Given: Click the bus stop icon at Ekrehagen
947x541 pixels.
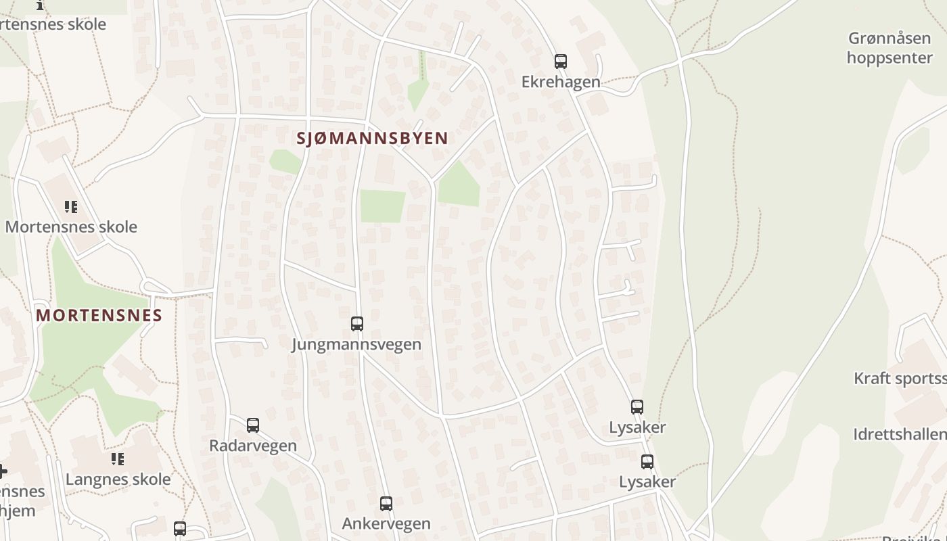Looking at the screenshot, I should click(x=560, y=62).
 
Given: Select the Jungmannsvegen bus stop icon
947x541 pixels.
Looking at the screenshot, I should click(x=357, y=324).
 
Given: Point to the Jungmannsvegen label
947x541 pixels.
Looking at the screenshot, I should click(x=356, y=344).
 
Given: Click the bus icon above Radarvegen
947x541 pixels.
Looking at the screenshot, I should click(x=253, y=425).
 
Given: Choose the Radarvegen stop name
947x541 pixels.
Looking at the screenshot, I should click(x=253, y=446).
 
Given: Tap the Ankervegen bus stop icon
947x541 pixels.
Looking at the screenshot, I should click(x=386, y=504).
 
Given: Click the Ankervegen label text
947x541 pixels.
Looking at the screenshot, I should click(x=386, y=524).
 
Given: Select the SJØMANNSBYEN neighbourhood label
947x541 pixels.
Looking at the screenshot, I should click(x=372, y=139).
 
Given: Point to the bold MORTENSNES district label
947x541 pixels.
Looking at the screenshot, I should click(x=99, y=315).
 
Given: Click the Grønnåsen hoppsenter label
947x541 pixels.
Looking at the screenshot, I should click(x=889, y=48).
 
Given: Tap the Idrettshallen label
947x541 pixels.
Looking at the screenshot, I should click(x=900, y=434).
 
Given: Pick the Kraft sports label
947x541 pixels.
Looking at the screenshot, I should click(x=900, y=378).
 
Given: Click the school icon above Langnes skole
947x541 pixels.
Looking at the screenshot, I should click(x=118, y=460).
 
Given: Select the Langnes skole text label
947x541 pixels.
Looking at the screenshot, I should click(x=118, y=479).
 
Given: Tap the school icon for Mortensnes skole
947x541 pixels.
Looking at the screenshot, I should click(x=71, y=207).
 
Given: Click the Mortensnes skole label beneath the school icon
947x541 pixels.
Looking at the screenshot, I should click(x=71, y=227).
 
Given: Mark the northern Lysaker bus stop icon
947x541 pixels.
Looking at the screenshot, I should click(x=637, y=407).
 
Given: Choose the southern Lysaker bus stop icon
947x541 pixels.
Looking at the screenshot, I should click(x=647, y=462).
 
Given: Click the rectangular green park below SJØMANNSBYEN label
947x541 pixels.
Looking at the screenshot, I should click(x=382, y=206).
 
